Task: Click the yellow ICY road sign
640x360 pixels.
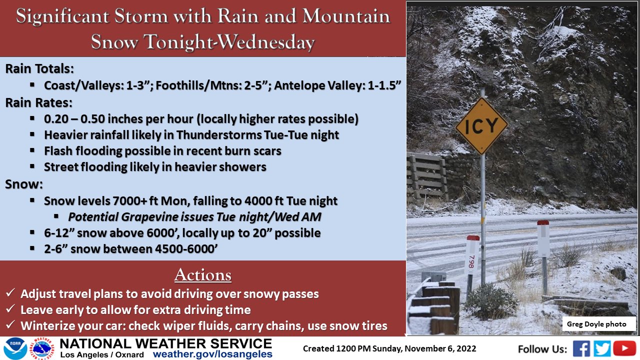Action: [481, 125]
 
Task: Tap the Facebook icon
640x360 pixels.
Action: [581, 348]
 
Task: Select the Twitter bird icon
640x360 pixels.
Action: [602, 348]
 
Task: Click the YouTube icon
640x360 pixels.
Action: [624, 348]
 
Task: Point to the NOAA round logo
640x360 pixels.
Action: [15, 348]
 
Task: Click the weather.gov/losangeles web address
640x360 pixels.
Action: [212, 354]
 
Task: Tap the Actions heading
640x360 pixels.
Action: [203, 275]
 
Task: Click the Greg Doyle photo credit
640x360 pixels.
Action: [596, 324]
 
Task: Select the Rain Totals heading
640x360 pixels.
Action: [39, 69]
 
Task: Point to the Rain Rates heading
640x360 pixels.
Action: [39, 102]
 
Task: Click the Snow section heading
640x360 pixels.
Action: [24, 184]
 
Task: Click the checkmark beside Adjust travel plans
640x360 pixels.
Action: [10, 292]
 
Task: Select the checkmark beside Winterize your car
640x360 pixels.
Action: [10, 324]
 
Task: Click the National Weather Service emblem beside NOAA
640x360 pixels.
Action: [42, 348]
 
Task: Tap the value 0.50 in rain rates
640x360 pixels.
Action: [93, 119]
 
